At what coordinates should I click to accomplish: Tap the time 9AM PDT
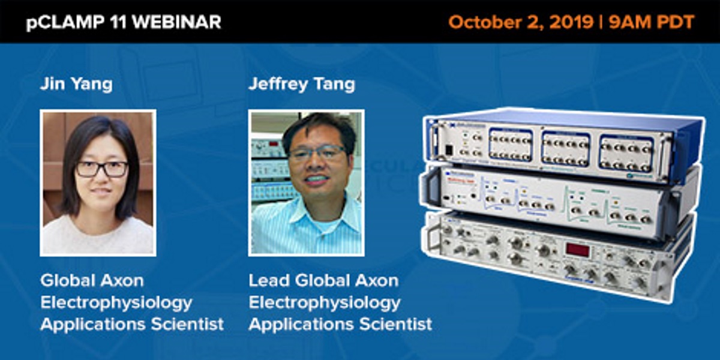[x=651, y=22]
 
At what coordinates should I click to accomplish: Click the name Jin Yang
[x=76, y=84]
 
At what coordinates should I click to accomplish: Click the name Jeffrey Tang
[x=301, y=84]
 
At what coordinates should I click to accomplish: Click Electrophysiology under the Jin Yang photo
[x=116, y=302]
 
